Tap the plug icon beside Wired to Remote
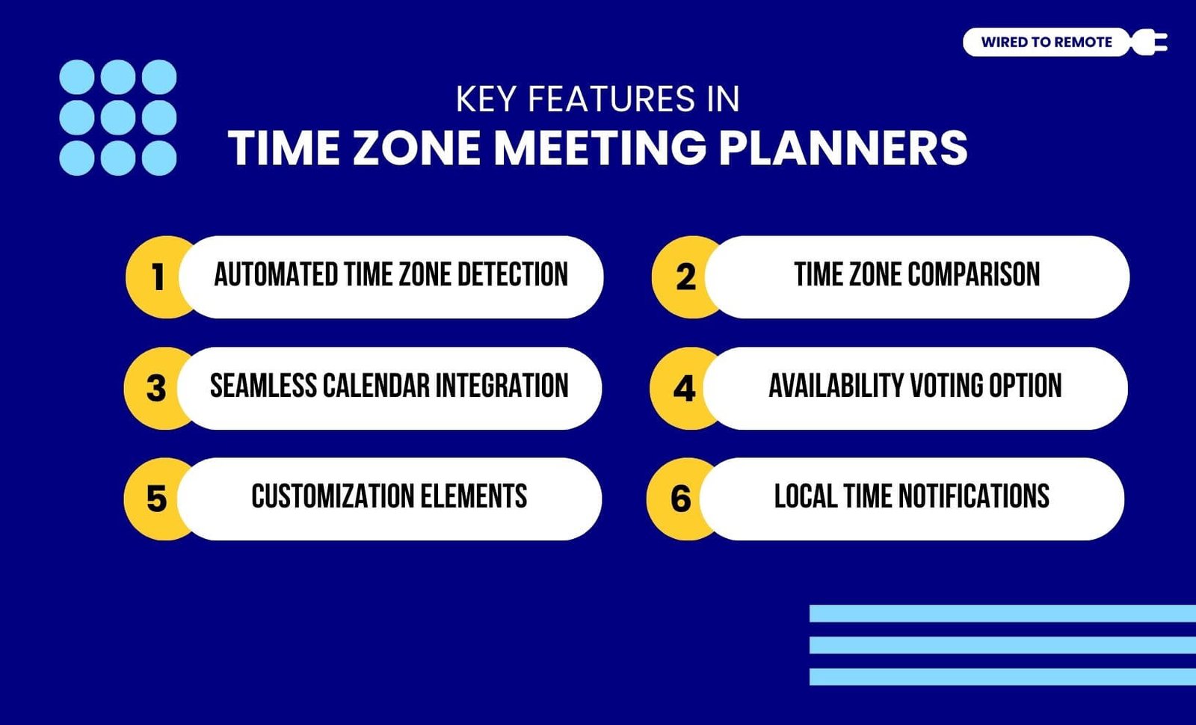pos(1149,42)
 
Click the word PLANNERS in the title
pos(843,148)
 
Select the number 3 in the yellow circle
pos(156,388)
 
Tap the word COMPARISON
pos(973,274)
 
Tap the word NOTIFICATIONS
pos(974,496)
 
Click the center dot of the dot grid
pos(118,117)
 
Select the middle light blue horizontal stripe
pos(1002,645)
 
